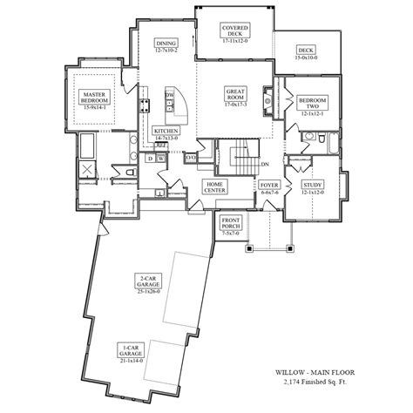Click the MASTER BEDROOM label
coord(93,97)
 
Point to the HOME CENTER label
coord(215,186)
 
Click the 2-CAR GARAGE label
coord(146,281)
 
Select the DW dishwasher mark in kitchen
coord(169,95)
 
